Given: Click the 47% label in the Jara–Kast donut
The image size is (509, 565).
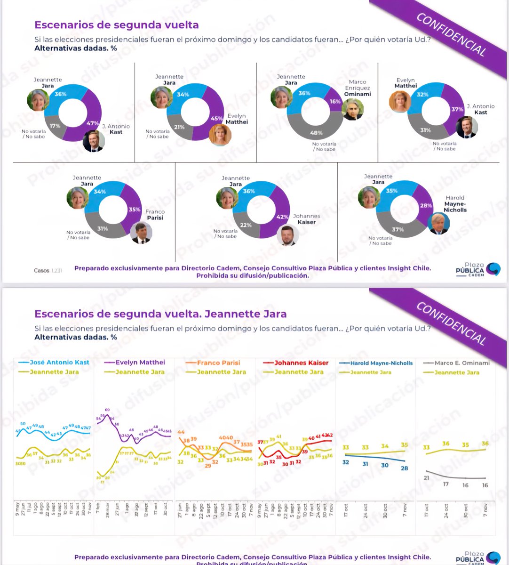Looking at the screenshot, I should [92, 123].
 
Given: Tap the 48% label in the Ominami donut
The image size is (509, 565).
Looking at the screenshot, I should [316, 133].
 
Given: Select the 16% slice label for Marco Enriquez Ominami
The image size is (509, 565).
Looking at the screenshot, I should [335, 102].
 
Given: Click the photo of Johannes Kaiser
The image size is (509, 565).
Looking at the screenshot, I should [287, 235].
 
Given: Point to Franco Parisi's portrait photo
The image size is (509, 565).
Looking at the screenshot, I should [141, 233].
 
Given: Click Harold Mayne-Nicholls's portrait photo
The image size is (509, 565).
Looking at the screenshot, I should [438, 223].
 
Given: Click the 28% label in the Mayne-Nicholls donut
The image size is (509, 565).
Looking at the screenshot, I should [426, 206].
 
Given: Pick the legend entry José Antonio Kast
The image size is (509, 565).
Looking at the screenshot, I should [54, 362].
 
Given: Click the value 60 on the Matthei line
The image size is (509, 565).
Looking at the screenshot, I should [107, 410].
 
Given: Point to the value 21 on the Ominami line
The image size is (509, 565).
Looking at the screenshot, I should [426, 478].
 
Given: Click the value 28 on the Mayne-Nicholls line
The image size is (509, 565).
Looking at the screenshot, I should [405, 468].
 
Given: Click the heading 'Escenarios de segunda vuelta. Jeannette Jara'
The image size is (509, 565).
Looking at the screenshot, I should [160, 314].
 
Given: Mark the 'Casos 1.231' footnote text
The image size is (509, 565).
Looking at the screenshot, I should [48, 271].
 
